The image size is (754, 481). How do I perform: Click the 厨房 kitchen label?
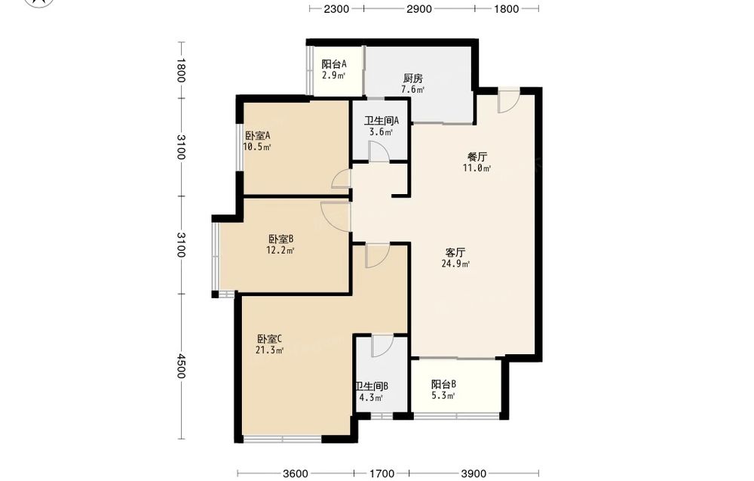(x=413, y=78)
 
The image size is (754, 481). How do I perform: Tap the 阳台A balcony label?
(x=334, y=64)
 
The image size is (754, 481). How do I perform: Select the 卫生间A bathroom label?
(x=382, y=120)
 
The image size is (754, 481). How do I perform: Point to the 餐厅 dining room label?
(x=477, y=157)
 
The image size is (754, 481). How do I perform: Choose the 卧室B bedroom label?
(x=280, y=239)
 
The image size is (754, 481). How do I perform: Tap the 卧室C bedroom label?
(x=269, y=339)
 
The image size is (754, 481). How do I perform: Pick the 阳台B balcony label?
(x=443, y=384)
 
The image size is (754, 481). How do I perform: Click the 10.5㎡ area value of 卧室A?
(x=257, y=146)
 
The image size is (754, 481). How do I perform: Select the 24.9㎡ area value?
(x=455, y=264)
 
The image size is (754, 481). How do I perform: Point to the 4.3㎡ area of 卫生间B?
(x=371, y=398)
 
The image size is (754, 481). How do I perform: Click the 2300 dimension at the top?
(x=336, y=8)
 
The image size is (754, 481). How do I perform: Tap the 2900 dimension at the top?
(x=419, y=8)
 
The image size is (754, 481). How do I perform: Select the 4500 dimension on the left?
(x=181, y=366)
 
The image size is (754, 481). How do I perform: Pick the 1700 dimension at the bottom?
(x=382, y=473)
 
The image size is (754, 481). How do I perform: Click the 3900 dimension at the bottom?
(x=474, y=473)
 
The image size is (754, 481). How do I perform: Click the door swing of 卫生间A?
(x=379, y=152)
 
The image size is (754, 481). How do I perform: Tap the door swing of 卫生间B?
(x=383, y=346)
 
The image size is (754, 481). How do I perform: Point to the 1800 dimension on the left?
(x=181, y=70)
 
